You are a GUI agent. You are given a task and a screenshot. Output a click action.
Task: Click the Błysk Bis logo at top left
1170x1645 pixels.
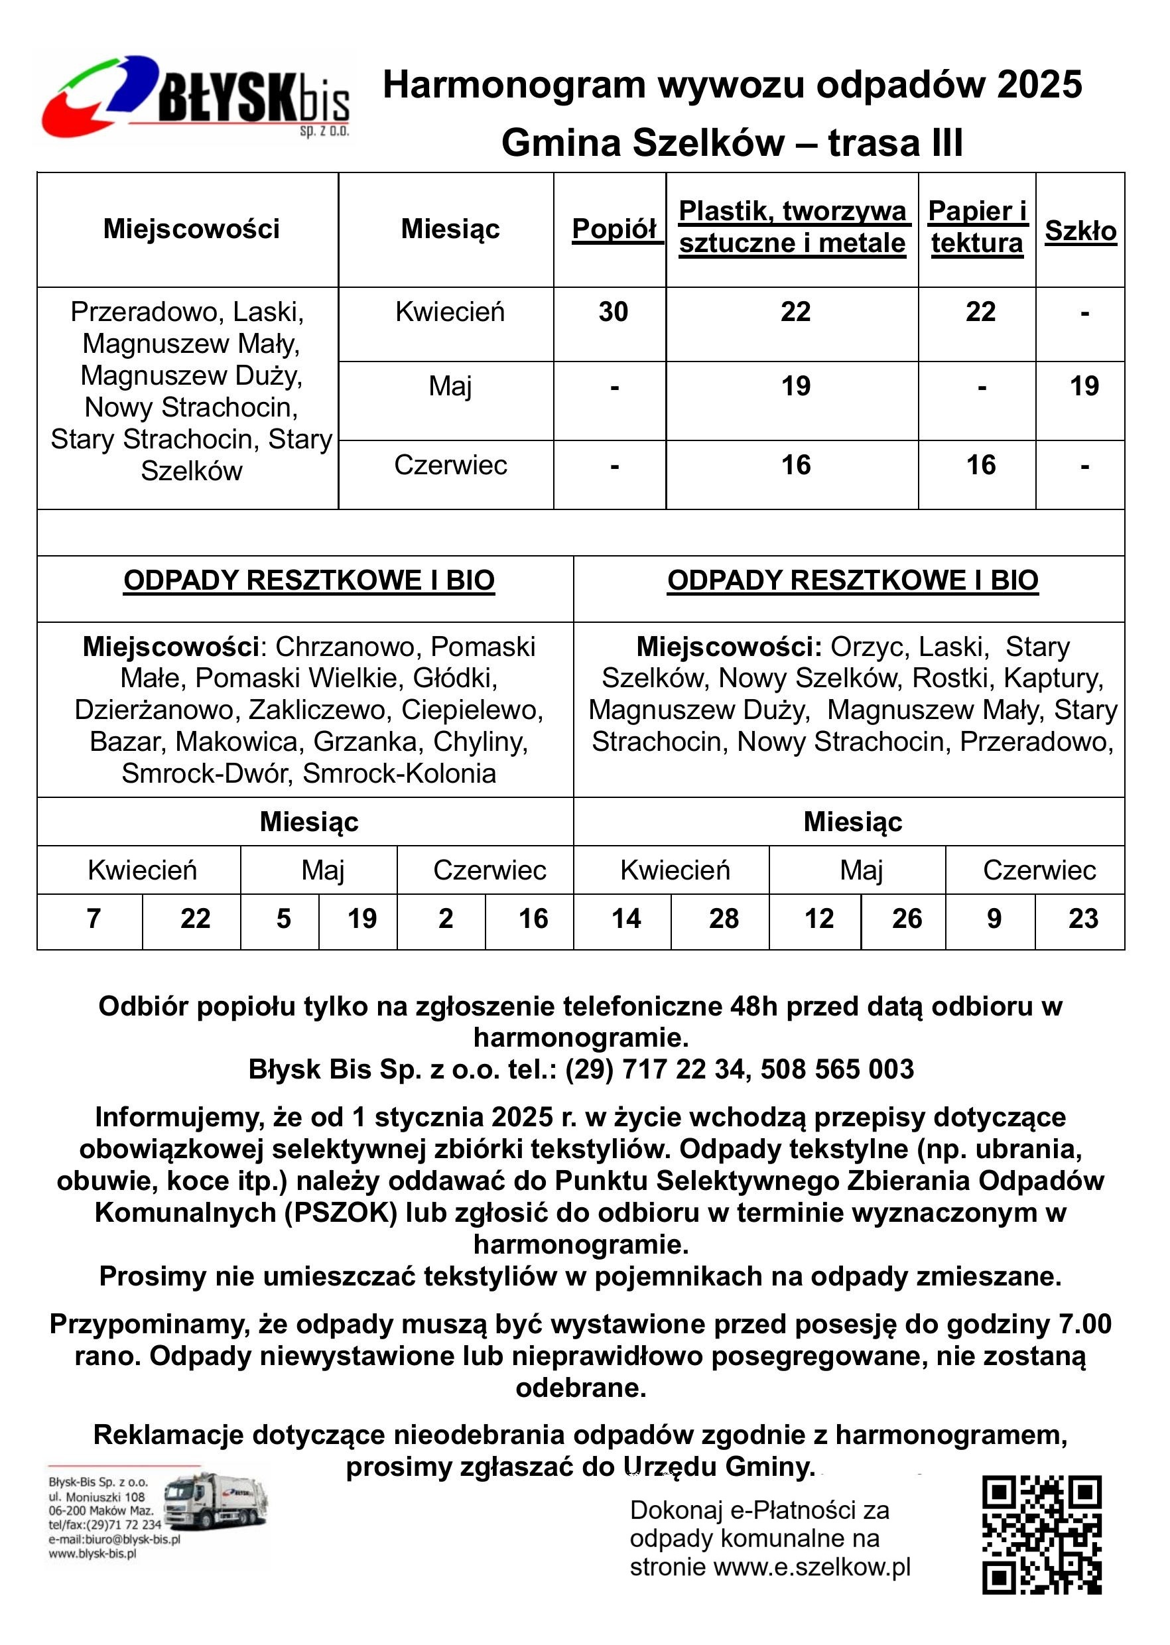coord(194,98)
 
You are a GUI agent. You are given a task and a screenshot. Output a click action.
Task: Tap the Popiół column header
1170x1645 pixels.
coord(614,229)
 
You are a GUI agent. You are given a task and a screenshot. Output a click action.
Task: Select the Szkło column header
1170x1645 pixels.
coord(1080,231)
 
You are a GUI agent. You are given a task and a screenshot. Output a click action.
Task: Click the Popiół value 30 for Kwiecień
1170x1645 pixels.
coord(613,312)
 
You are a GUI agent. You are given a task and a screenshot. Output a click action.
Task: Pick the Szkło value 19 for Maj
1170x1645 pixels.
coord(1084,386)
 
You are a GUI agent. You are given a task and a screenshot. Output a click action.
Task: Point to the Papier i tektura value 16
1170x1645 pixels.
coord(980,466)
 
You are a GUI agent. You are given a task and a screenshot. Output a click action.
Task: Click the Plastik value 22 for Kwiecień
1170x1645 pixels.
coord(795,312)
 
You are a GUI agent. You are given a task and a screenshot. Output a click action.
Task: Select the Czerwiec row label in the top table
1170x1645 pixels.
coord(450,466)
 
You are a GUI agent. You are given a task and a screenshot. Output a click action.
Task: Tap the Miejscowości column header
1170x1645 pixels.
coord(191,229)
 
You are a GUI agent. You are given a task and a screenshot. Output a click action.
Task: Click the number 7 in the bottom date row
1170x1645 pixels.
coord(94,919)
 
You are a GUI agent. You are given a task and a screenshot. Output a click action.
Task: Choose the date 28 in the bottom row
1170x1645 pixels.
coord(724,919)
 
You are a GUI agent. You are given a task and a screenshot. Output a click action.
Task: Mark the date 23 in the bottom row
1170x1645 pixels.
coord(1083,919)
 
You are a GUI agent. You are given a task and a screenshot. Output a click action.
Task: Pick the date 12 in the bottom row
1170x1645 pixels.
coord(818,919)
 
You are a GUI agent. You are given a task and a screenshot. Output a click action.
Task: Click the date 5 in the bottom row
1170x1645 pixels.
coord(284,919)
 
